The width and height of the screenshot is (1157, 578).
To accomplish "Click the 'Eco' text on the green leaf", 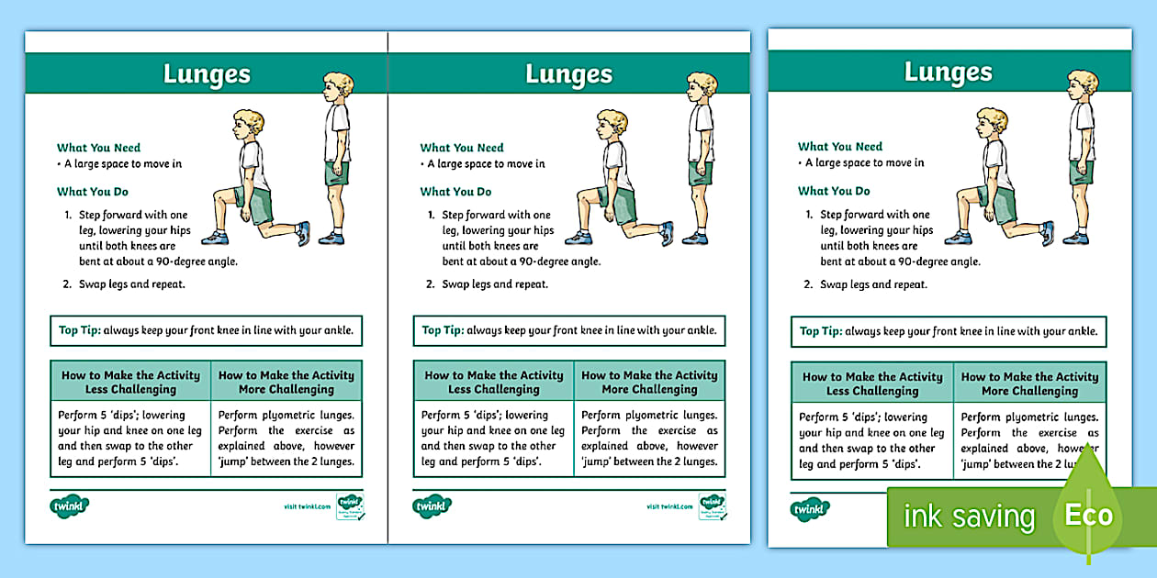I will [x=1089, y=515].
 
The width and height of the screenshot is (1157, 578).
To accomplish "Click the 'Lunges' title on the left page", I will [x=207, y=74].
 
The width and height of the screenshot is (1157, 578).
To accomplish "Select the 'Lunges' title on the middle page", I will [x=569, y=74].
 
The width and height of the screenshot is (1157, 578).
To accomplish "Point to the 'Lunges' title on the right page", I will [x=949, y=72].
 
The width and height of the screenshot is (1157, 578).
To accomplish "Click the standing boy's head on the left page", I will [x=338, y=88].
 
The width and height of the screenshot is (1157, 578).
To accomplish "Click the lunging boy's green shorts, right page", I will [x=1000, y=203].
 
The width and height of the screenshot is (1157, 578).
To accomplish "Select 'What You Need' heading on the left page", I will [x=98, y=148].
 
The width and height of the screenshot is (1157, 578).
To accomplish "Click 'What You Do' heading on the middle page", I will [x=455, y=192].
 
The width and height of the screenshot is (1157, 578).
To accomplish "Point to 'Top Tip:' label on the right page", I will [x=821, y=331].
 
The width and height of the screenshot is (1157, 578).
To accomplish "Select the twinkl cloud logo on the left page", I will [x=69, y=506].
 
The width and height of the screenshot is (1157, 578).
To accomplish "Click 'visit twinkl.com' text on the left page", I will [x=308, y=506].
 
